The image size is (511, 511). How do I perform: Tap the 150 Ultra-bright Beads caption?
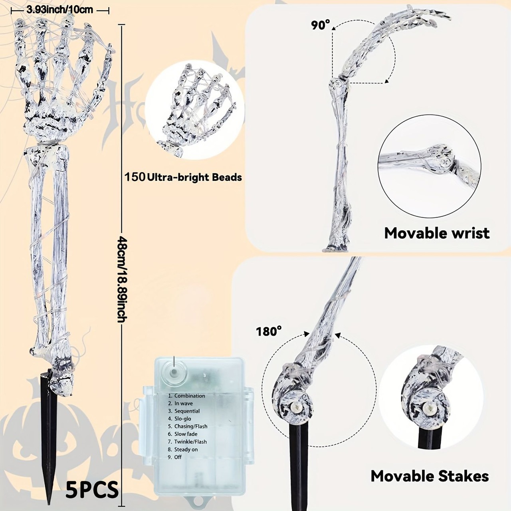(x=183, y=177)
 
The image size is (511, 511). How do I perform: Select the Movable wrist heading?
(x=437, y=233)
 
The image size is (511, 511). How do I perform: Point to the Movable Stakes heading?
(x=430, y=476)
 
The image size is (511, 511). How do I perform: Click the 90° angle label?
(x=321, y=25)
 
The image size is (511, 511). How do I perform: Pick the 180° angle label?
(x=269, y=331)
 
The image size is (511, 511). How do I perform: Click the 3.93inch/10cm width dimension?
(x=59, y=10)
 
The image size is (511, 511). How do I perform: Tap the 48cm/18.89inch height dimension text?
(x=122, y=279)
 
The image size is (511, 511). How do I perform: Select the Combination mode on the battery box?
(x=186, y=396)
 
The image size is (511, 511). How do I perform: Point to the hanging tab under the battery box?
(x=196, y=506)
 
